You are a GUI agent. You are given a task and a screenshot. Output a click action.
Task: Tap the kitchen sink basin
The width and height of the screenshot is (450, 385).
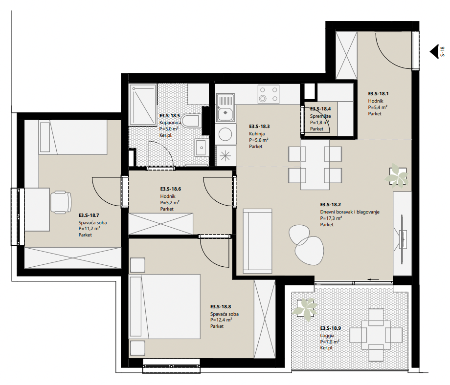[x=225, y=113]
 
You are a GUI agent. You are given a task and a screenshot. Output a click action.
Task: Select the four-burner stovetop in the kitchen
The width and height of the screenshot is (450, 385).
[x=269, y=94]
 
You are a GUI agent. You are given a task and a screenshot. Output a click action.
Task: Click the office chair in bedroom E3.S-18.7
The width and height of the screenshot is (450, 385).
[x=61, y=202]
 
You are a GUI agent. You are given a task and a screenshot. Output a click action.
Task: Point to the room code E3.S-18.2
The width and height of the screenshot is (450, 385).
[x=330, y=204]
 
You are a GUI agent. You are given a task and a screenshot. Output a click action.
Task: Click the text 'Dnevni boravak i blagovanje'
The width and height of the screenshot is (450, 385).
[x=350, y=212]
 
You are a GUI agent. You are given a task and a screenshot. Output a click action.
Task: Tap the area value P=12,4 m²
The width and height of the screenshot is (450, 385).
[x=221, y=320]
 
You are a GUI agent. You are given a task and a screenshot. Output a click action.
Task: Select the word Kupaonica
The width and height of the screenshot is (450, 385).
[x=170, y=123]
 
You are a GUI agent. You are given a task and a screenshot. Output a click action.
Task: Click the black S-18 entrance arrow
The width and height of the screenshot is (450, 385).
[x=434, y=52]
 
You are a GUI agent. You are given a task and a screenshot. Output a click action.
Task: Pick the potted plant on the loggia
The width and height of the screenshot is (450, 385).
[x=305, y=308]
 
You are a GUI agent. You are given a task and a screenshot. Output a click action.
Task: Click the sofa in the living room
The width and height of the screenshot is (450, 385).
[x=257, y=241]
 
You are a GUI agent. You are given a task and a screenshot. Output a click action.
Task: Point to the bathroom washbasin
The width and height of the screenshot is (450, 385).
[x=202, y=148]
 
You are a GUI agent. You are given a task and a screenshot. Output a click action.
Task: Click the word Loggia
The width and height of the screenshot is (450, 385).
[x=327, y=335]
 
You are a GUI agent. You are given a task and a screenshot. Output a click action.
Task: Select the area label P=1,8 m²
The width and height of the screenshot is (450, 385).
[x=319, y=123]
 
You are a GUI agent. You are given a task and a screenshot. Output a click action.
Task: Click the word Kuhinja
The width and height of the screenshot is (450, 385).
[x=257, y=133]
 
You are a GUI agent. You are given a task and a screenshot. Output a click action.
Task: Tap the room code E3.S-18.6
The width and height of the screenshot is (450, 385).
[x=171, y=189]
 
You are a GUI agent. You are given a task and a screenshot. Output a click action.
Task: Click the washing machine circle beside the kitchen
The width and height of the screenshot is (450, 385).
[x=225, y=134]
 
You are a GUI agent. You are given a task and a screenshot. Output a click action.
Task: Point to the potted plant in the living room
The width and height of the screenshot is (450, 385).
[x=397, y=175]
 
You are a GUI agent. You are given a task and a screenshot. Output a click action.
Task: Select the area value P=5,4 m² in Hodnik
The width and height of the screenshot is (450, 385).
[x=378, y=107]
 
